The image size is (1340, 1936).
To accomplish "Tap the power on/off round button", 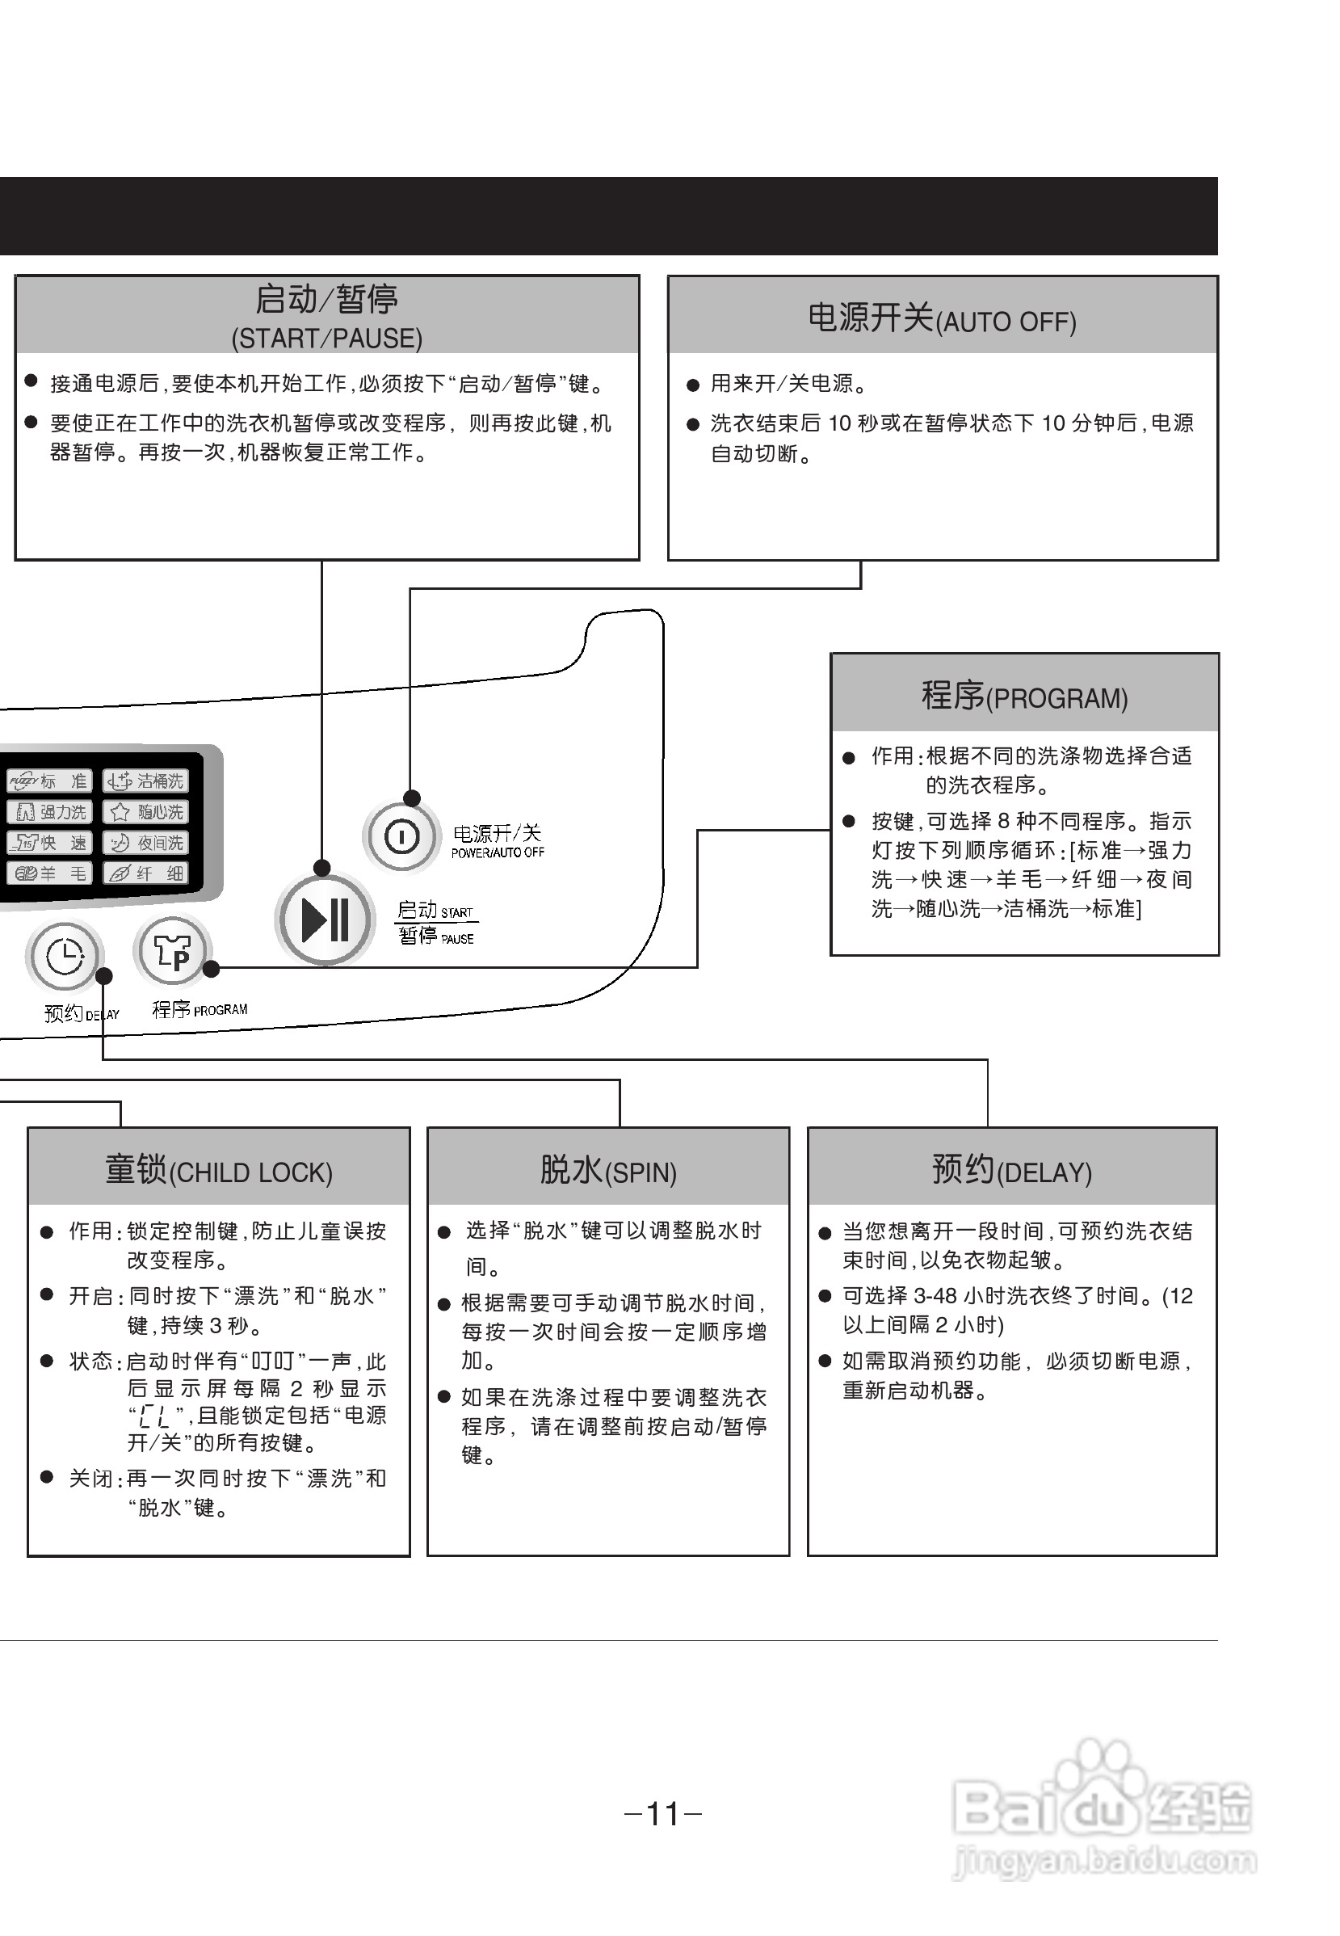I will pyautogui.click(x=401, y=836).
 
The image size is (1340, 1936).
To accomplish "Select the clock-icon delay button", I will pyautogui.click(x=65, y=957).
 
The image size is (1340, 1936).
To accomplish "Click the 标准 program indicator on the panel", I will pyautogui.click(x=48, y=781).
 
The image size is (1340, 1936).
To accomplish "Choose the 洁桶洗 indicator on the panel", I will pyautogui.click(x=146, y=781).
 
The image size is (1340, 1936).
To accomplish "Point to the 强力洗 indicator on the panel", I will pyautogui.click(x=48, y=812).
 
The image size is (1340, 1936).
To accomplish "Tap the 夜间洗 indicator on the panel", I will pyautogui.click(x=146, y=843).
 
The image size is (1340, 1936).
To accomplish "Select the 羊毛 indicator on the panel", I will pyautogui.click(x=48, y=873).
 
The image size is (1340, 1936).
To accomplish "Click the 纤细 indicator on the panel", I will pyautogui.click(x=146, y=873).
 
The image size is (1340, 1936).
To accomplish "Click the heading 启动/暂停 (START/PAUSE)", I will pyautogui.click(x=326, y=316).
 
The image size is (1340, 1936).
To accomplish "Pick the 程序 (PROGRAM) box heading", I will pyautogui.click(x=1024, y=697).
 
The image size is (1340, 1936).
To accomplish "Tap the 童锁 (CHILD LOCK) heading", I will pyautogui.click(x=218, y=1170).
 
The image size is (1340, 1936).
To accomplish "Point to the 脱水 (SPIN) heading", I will pyautogui.click(x=608, y=1170).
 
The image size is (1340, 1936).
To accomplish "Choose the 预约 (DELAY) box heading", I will pyautogui.click(x=1012, y=1170).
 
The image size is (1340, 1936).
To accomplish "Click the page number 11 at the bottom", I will pyautogui.click(x=663, y=1813).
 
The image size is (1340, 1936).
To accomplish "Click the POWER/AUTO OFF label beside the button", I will pyautogui.click(x=498, y=852).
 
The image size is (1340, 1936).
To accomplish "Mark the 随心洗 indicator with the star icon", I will pyautogui.click(x=146, y=812).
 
